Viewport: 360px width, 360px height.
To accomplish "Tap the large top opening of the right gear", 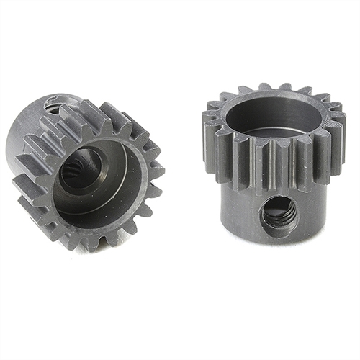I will point(275,115).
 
